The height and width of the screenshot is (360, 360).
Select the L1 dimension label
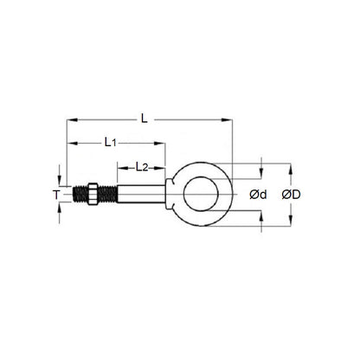pyautogui.click(x=111, y=140)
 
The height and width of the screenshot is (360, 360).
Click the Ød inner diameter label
pyautogui.click(x=257, y=196)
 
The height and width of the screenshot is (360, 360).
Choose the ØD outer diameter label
pyautogui.click(x=291, y=196)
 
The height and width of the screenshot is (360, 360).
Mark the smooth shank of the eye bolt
pyautogui.click(x=138, y=196)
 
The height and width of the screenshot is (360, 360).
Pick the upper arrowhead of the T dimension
pyautogui.click(x=61, y=183)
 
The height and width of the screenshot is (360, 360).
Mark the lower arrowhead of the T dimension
pyautogui.click(x=61, y=210)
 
